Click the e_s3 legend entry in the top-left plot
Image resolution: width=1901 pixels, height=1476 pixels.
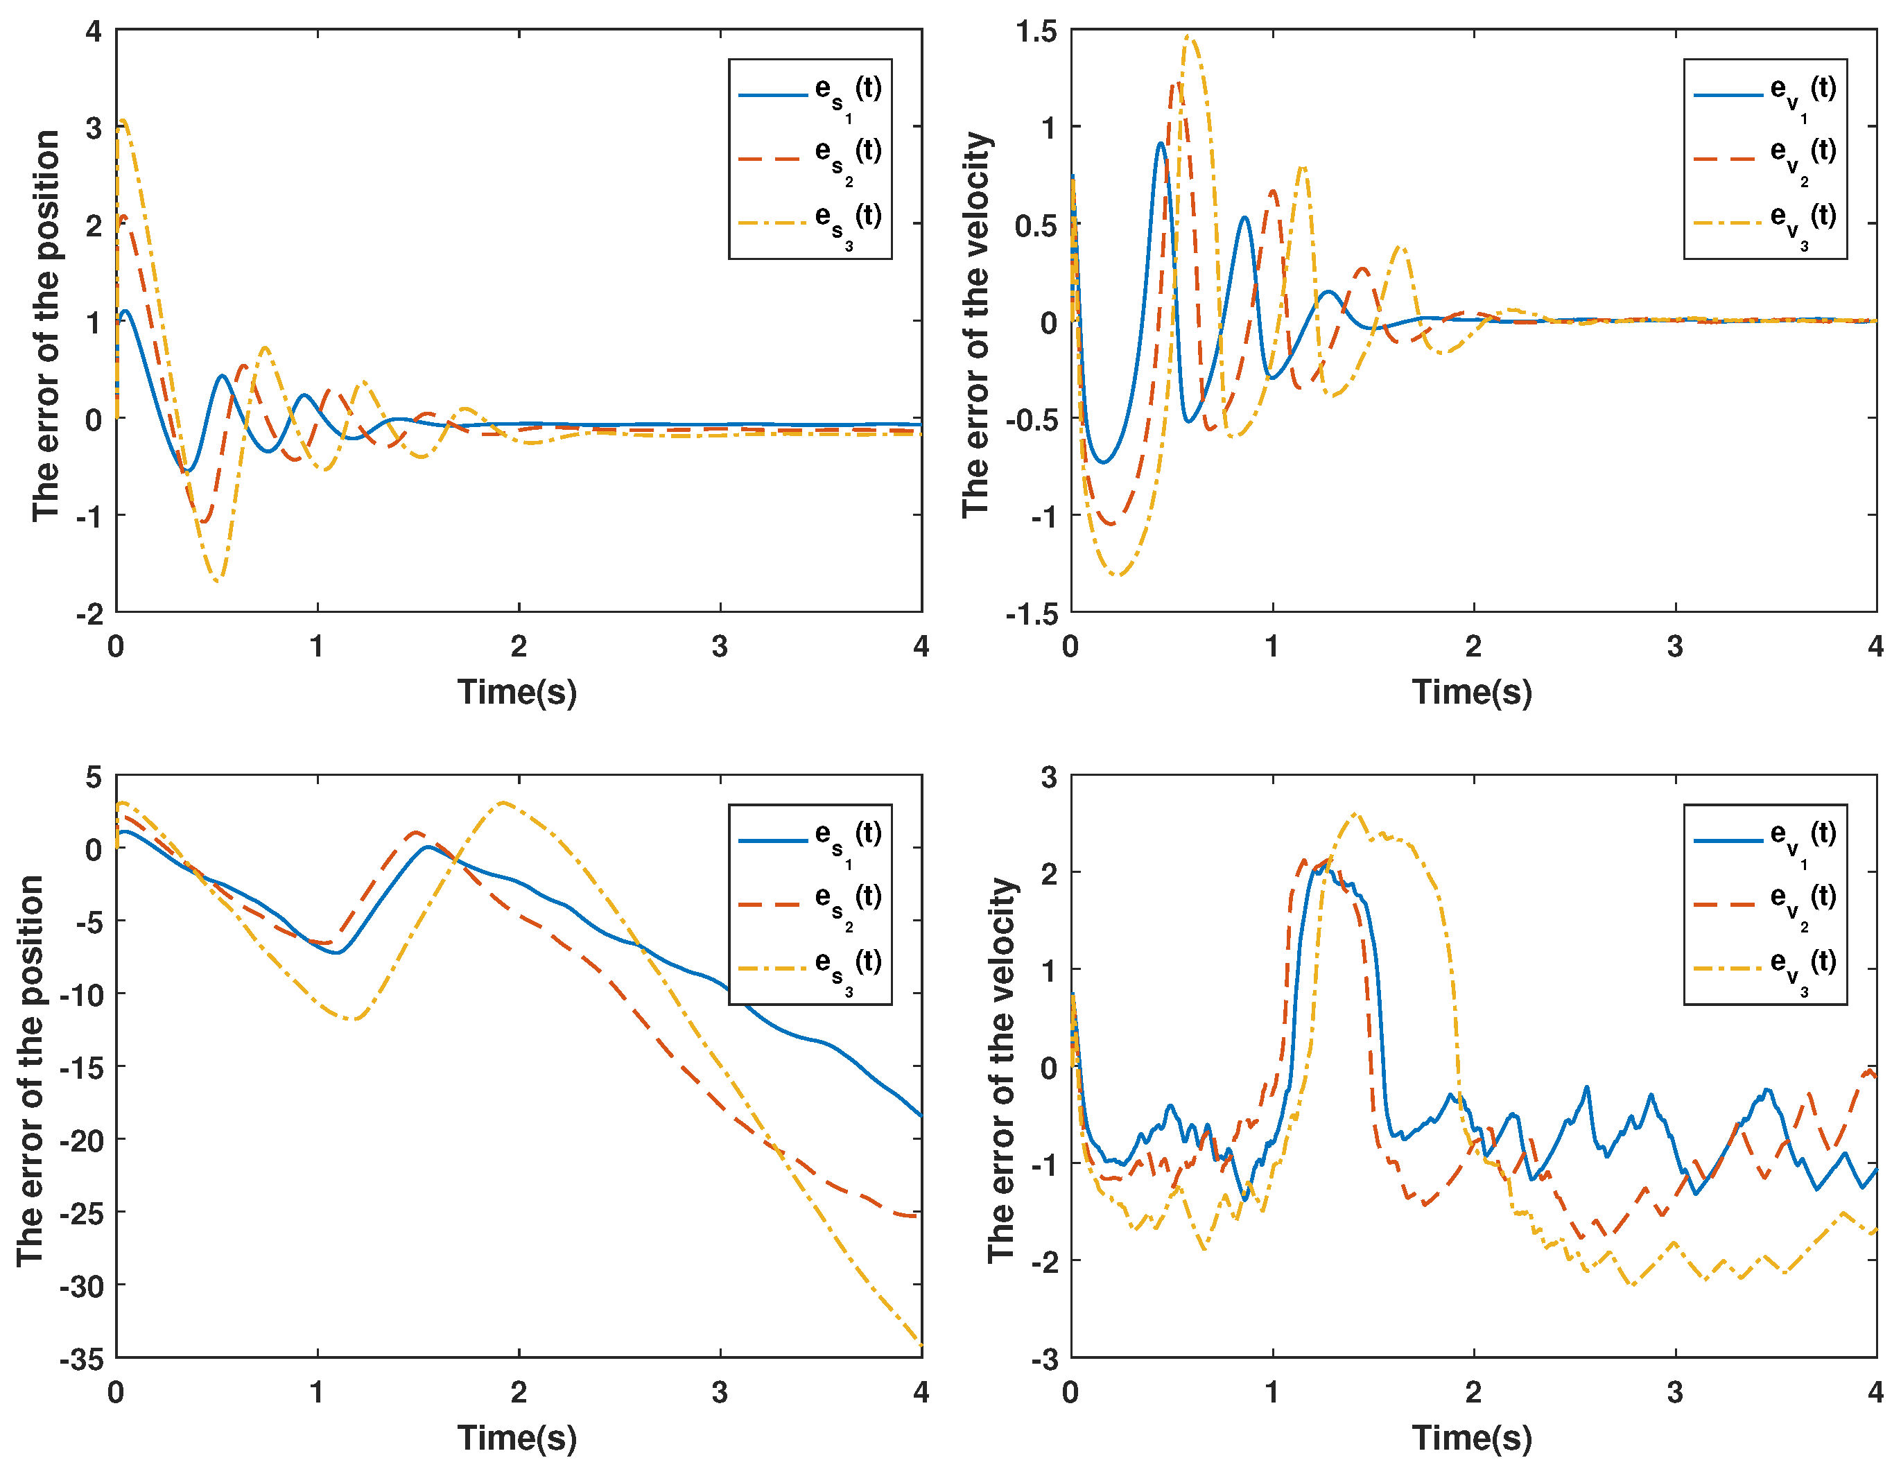[810, 223]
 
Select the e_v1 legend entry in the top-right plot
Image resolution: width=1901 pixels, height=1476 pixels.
[1764, 94]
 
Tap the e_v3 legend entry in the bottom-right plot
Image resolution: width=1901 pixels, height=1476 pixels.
[1764, 968]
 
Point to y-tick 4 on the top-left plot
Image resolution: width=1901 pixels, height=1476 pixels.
[93, 31]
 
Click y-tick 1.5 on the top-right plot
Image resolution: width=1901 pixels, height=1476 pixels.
[1036, 31]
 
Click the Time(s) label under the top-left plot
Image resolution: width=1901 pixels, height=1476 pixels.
[517, 692]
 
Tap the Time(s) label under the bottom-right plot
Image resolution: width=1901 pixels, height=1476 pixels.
[1472, 1438]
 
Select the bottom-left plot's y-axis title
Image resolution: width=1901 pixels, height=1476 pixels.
[31, 1070]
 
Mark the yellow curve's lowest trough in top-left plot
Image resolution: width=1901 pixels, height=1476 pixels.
[218, 580]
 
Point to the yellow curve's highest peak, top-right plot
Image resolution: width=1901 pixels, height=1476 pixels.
[1189, 37]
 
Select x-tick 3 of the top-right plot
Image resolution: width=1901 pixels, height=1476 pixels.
[1675, 647]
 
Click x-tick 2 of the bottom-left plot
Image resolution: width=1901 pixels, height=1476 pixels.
[519, 1392]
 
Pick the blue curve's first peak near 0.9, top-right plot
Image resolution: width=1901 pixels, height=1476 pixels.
[1161, 143]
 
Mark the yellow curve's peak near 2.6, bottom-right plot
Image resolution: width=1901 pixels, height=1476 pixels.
[1355, 815]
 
